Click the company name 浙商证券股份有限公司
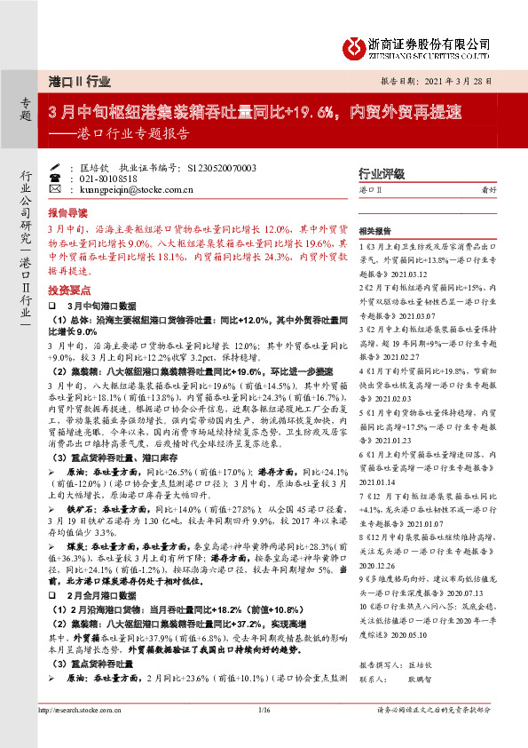(429, 42)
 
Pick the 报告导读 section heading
(67, 214)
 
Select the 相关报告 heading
(375, 229)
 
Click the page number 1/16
(263, 734)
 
